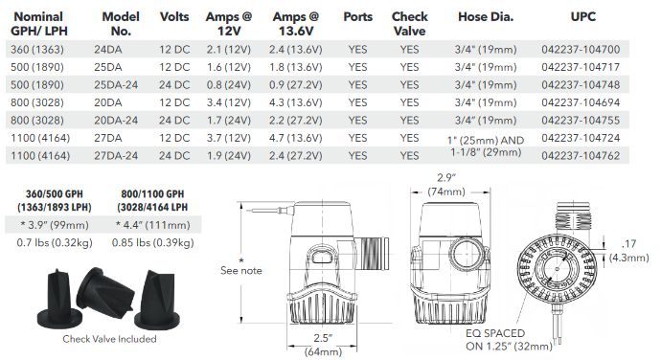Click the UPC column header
tap(582, 17)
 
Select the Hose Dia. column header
tap(486, 17)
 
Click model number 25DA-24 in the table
tap(116, 84)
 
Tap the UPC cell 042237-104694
tap(581, 102)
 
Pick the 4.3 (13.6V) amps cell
tap(295, 102)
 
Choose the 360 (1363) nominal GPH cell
tap(37, 50)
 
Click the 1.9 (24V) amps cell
tap(229, 155)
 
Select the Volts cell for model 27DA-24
tap(174, 155)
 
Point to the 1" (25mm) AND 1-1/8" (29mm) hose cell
tap(486, 146)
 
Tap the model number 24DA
tap(108, 50)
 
